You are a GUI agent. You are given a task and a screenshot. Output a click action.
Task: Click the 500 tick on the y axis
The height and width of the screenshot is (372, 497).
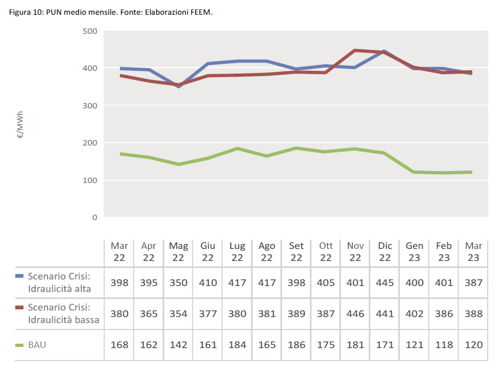tap(91, 31)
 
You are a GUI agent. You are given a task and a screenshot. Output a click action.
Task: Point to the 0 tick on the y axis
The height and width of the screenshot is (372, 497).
tap(94, 217)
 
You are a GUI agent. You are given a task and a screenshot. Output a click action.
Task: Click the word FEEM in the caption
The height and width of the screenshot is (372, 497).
tap(201, 13)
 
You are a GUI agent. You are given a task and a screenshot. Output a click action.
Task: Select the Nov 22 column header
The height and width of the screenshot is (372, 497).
tap(355, 252)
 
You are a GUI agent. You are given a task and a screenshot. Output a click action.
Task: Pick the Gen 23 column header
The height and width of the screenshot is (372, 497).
tap(415, 252)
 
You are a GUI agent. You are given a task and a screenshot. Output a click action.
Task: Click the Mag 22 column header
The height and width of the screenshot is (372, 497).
tap(178, 252)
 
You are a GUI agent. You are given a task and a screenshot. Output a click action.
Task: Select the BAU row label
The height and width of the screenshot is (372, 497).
tap(37, 345)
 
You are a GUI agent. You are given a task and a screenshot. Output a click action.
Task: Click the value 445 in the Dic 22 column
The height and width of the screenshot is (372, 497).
tap(385, 283)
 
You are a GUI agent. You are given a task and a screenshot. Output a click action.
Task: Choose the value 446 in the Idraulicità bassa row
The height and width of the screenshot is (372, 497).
tap(355, 314)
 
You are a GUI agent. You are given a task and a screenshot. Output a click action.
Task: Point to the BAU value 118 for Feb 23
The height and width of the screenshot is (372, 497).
tap(444, 345)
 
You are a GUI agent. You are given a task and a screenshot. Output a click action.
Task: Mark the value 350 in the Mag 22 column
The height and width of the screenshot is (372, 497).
tap(178, 283)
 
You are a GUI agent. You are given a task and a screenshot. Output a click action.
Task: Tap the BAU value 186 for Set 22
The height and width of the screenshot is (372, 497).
tap(296, 345)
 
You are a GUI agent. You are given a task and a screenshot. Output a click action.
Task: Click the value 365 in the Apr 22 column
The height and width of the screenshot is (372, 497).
tap(149, 314)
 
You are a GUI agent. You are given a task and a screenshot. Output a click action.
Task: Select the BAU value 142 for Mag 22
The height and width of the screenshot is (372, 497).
tap(178, 345)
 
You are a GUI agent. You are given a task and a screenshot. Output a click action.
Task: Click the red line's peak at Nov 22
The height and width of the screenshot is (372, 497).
tap(355, 51)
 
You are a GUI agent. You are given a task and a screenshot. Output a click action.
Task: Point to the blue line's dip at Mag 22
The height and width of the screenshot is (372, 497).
tap(178, 87)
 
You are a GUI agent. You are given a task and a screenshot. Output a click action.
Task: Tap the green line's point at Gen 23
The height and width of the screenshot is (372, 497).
tap(415, 172)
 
